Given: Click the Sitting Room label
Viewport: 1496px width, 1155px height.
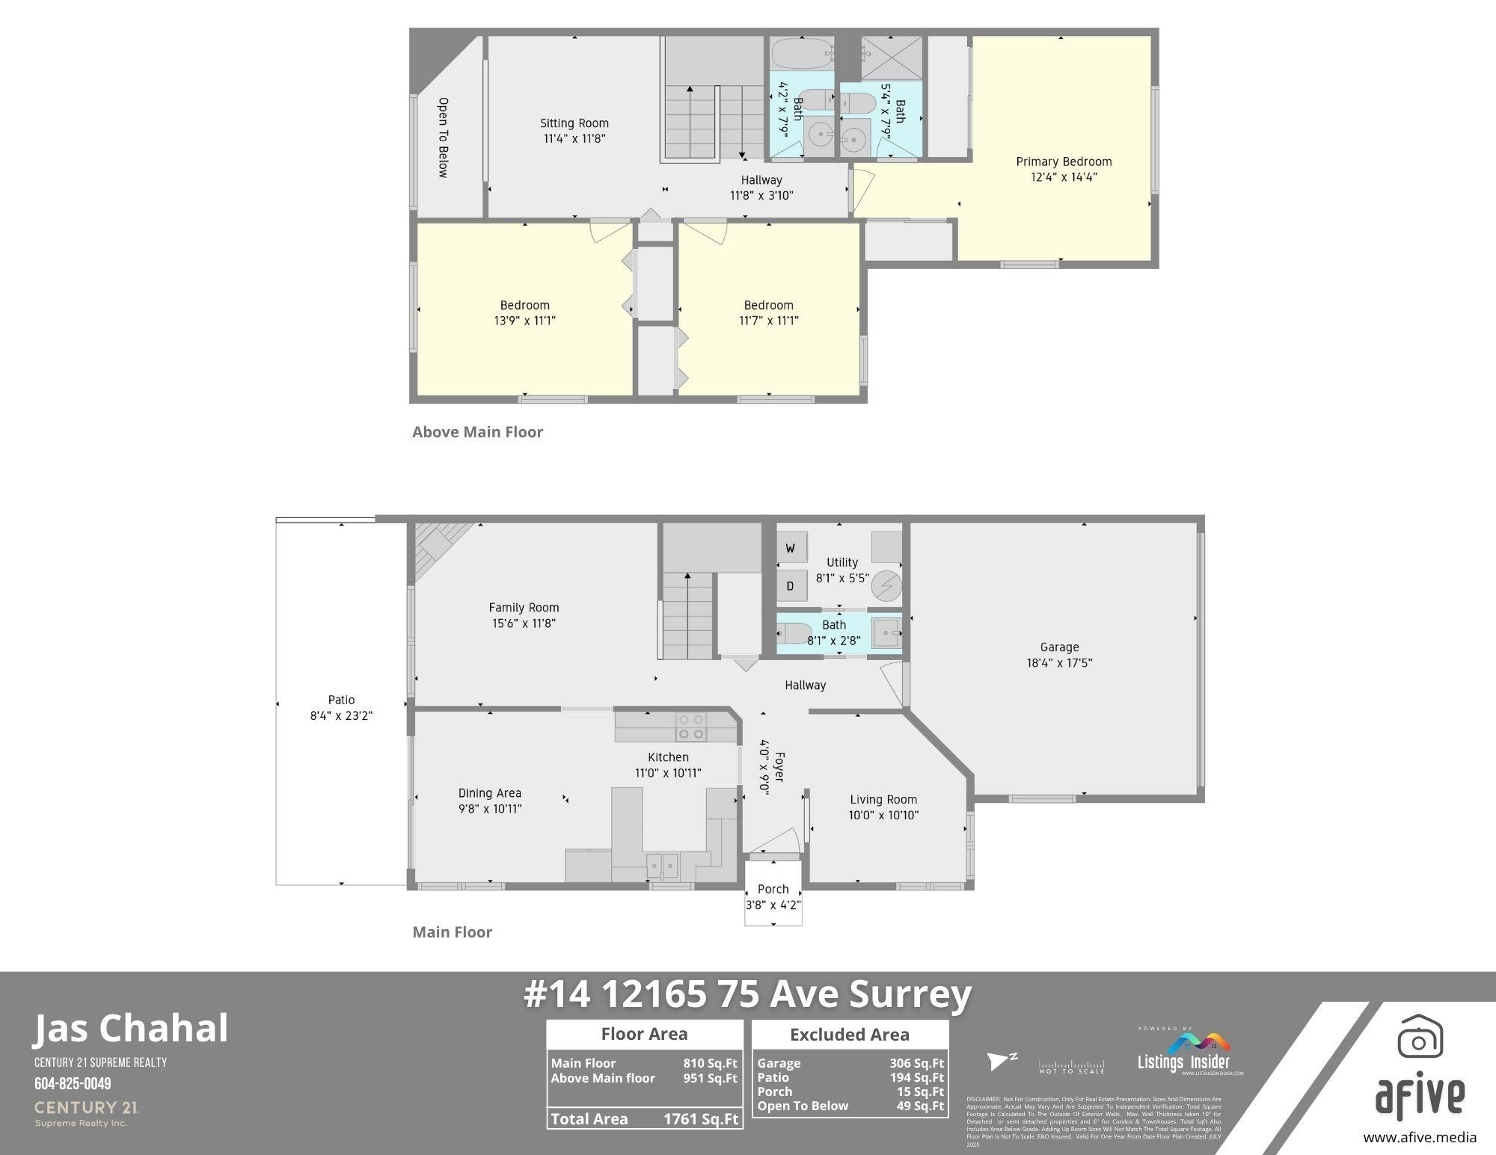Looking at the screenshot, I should pyautogui.click(x=574, y=123).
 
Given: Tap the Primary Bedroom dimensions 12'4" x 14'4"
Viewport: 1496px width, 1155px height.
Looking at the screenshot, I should pyautogui.click(x=1064, y=177).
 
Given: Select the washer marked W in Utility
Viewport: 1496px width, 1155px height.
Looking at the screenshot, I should pyautogui.click(x=790, y=549).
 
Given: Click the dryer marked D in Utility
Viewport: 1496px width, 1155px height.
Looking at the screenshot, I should pyautogui.click(x=790, y=586).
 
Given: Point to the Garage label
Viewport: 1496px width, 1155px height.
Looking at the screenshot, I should pyautogui.click(x=1059, y=647).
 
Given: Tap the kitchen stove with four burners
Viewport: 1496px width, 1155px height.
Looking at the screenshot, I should pyautogui.click(x=691, y=727).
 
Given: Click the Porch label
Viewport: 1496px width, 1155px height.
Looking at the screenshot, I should pyautogui.click(x=773, y=889).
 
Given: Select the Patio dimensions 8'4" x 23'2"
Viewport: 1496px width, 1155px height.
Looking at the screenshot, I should pyautogui.click(x=341, y=715).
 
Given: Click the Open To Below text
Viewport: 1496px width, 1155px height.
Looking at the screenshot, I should pyautogui.click(x=443, y=138).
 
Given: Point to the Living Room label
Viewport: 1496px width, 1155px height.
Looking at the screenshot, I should pyautogui.click(x=883, y=799).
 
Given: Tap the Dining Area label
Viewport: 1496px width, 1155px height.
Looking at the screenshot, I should pyautogui.click(x=490, y=793).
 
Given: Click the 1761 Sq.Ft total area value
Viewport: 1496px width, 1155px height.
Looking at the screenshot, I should pyautogui.click(x=701, y=1119).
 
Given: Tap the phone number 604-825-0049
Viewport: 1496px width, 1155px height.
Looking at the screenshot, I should pyautogui.click(x=73, y=1083).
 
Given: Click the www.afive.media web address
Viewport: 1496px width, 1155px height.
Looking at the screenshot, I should pyautogui.click(x=1419, y=1138).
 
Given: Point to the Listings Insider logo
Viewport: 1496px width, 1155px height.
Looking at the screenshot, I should pyautogui.click(x=1183, y=1054).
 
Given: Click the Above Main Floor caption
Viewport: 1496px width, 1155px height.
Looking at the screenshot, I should pyautogui.click(x=477, y=432).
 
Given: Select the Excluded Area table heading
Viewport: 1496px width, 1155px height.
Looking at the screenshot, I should pyautogui.click(x=850, y=1035).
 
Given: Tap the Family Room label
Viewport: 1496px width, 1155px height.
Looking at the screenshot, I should pyautogui.click(x=524, y=608).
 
